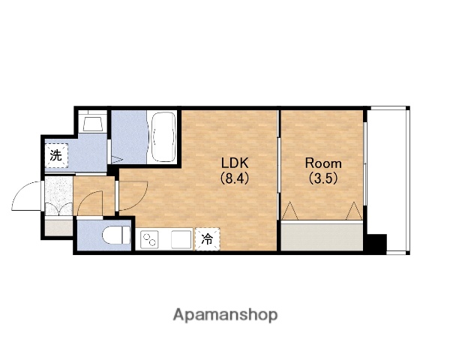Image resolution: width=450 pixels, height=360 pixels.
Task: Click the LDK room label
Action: [235, 163]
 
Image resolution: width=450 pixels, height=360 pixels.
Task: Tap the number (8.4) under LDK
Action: [234, 178]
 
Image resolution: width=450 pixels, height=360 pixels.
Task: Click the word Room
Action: [323, 163]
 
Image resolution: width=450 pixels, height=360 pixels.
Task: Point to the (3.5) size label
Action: [322, 178]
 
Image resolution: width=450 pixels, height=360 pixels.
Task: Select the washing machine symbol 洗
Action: [56, 155]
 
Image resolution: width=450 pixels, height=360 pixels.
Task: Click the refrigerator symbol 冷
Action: [207, 238]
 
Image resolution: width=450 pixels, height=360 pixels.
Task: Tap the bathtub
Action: [163, 137]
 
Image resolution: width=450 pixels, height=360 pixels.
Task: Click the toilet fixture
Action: [116, 235]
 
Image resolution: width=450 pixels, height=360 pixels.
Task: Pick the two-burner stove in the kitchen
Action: [149, 239]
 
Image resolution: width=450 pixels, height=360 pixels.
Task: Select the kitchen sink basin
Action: [181, 239]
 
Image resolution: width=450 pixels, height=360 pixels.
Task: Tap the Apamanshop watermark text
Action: [225, 315]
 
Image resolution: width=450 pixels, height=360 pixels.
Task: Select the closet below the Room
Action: [322, 236]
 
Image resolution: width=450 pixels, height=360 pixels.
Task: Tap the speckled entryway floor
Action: [58, 196]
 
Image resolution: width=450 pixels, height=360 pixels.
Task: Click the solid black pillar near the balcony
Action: [376, 244]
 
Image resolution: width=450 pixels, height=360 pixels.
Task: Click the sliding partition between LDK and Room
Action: [278, 178]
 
